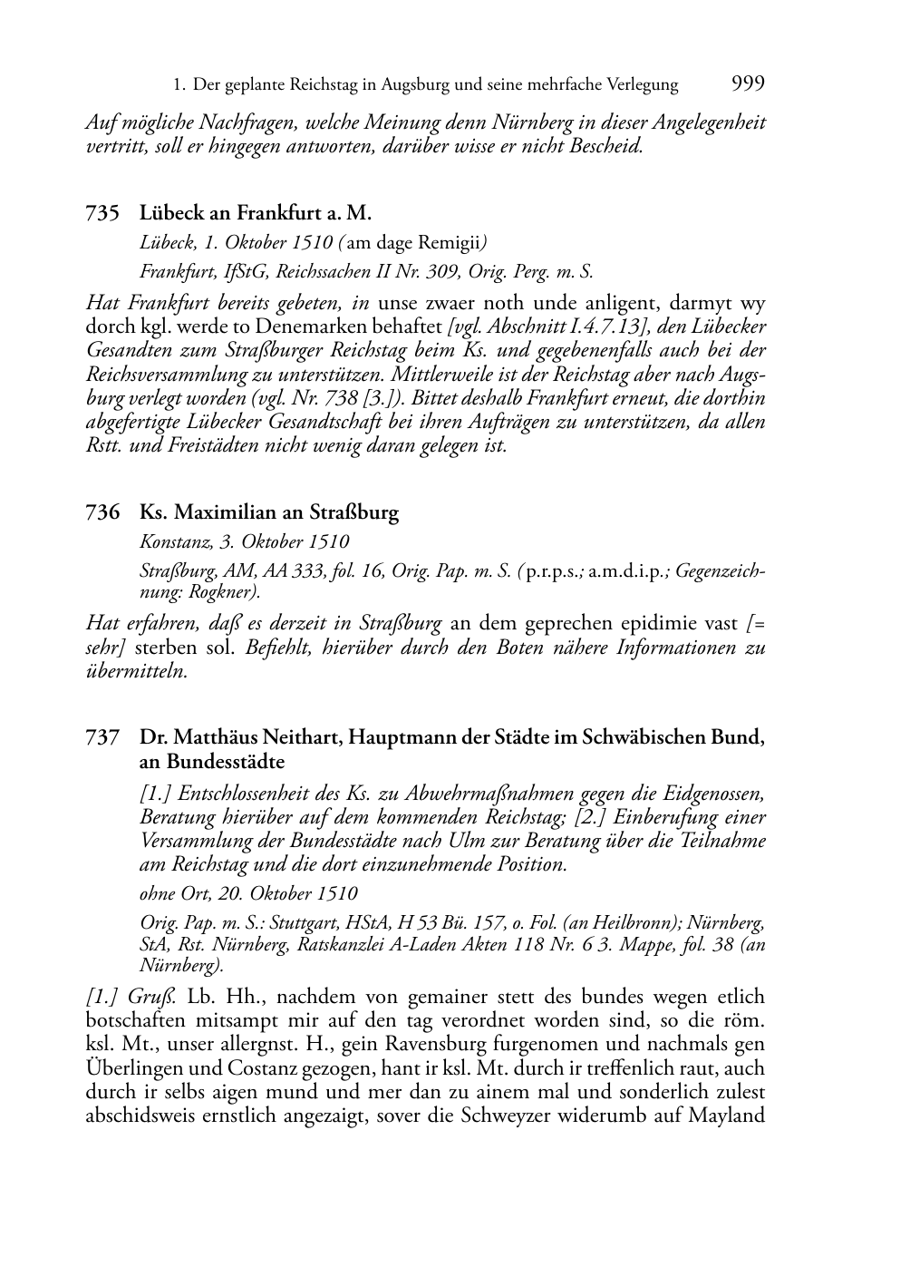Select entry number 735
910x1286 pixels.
click(x=102, y=213)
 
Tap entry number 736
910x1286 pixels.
click(x=102, y=512)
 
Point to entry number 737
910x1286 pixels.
click(x=102, y=737)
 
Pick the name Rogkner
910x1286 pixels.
click(x=227, y=592)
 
